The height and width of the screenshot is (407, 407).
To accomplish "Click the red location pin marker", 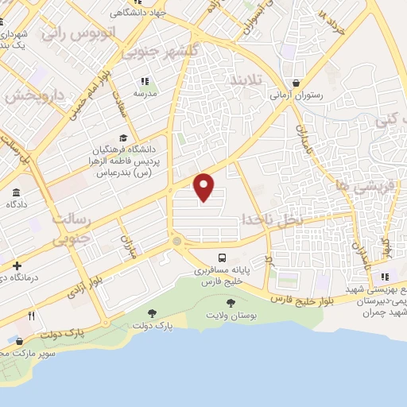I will point(204,186).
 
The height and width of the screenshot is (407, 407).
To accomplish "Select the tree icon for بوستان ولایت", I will point(231,303).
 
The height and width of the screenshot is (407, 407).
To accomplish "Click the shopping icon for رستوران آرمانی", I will point(297,82).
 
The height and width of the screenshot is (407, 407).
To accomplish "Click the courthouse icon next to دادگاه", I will point(17,192).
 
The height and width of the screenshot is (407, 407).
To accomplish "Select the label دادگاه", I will point(17,205).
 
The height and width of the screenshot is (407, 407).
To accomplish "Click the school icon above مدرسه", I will point(145,81).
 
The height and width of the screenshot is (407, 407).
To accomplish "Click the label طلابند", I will point(247,81).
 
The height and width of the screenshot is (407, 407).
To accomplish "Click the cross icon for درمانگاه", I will point(17,265).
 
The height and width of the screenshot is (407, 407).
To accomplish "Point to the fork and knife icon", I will point(32,316).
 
